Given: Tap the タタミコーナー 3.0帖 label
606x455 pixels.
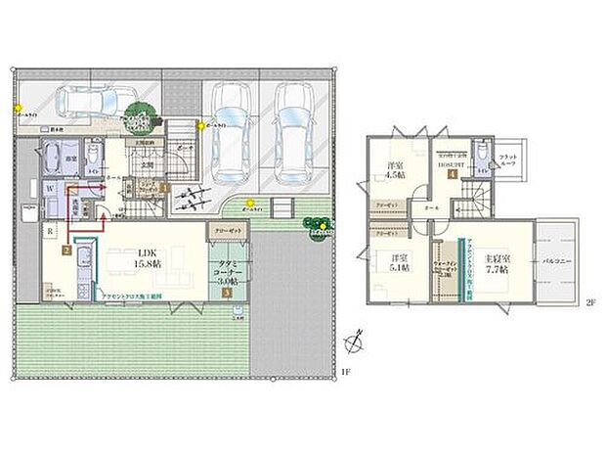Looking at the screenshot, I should tap(230, 268).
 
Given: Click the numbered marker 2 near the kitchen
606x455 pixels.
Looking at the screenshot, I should tap(65, 250).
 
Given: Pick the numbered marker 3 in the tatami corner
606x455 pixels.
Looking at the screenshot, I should tap(228, 291).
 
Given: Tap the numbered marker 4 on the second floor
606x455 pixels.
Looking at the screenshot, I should tap(453, 176).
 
